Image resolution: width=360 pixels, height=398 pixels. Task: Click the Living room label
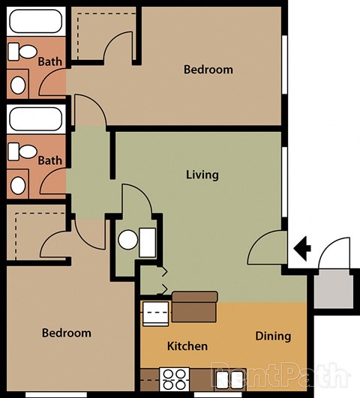pyautogui.click(x=202, y=175)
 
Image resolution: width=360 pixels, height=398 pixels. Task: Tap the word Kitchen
pyautogui.click(x=187, y=346)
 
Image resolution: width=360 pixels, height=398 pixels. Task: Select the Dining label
pyautogui.click(x=272, y=336)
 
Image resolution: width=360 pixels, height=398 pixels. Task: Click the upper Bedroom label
pyautogui.click(x=208, y=70)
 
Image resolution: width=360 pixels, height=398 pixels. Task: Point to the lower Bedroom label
pyautogui.click(x=66, y=333)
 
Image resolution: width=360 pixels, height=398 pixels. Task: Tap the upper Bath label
pyautogui.click(x=50, y=62)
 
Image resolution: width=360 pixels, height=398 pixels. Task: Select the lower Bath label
pyautogui.click(x=50, y=160)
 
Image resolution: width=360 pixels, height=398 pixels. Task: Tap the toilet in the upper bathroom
pyautogui.click(x=24, y=52)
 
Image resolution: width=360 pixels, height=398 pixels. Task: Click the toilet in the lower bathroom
pyautogui.click(x=24, y=152)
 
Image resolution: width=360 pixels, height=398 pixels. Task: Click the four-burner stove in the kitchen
pyautogui.click(x=175, y=376)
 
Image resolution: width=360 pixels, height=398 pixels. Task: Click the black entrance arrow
pyautogui.click(x=302, y=246)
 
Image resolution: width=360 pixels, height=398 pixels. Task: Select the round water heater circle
pyautogui.click(x=128, y=241)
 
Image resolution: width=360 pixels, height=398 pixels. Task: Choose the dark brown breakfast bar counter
pyautogui.click(x=194, y=306)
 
